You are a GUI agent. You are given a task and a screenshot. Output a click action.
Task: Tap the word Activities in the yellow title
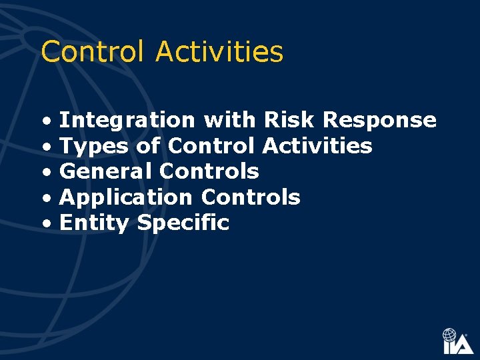[219, 52]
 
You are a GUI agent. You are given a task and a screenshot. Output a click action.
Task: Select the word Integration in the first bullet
[127, 121]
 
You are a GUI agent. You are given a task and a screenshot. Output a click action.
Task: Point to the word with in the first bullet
[229, 121]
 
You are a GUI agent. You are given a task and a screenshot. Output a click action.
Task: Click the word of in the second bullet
[147, 146]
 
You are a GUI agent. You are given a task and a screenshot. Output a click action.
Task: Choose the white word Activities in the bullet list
[317, 146]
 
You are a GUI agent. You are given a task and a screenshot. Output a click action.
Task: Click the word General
[106, 172]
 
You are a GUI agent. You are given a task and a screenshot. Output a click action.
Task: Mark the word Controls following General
[209, 172]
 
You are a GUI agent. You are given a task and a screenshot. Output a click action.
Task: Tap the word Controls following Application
[250, 198]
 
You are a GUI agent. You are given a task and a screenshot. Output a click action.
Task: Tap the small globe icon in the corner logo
[450, 335]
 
